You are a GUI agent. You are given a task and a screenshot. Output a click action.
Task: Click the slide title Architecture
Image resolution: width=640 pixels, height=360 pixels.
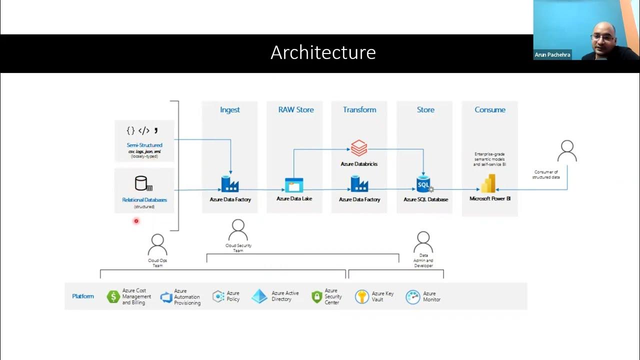pyautogui.click(x=323, y=52)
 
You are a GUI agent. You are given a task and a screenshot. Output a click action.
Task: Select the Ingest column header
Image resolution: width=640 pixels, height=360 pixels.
pyautogui.click(x=230, y=109)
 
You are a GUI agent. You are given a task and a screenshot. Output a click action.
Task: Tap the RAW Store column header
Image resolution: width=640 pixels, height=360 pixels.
pyautogui.click(x=296, y=109)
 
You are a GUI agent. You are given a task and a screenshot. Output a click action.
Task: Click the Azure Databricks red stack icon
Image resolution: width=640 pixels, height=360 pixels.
pyautogui.click(x=359, y=148)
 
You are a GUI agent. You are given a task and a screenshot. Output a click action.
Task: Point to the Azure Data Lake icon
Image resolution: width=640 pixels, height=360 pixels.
pyautogui.click(x=294, y=185)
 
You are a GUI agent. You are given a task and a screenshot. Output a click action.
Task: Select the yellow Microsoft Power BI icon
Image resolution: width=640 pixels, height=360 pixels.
pyautogui.click(x=488, y=183)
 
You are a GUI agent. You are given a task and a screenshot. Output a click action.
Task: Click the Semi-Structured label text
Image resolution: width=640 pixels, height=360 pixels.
pyautogui.click(x=144, y=145)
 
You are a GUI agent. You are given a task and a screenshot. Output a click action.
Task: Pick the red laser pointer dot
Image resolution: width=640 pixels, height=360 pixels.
pyautogui.click(x=136, y=221)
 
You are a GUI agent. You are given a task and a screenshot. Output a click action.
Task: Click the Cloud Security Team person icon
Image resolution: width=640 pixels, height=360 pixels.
pyautogui.click(x=238, y=230)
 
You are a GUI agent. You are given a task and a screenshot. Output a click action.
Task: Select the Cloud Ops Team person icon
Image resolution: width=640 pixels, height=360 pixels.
pyautogui.click(x=157, y=245)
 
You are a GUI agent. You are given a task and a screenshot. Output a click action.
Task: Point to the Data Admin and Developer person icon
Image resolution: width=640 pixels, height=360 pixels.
pyautogui.click(x=423, y=242)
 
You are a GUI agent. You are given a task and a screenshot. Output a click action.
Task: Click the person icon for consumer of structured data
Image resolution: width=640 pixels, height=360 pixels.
pyautogui.click(x=567, y=151)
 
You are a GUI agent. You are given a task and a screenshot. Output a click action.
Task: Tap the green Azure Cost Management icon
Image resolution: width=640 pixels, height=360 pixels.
pyautogui.click(x=113, y=297)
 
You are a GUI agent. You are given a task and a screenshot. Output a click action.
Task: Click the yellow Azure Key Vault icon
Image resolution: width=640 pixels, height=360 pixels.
pyautogui.click(x=362, y=296)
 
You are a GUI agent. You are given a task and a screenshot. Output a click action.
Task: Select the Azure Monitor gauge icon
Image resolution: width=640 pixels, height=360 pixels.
pyautogui.click(x=412, y=297)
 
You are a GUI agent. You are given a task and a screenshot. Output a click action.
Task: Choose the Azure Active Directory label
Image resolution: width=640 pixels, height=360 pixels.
pyautogui.click(x=285, y=296)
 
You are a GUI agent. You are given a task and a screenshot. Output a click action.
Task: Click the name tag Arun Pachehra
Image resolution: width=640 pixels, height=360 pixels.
pyautogui.click(x=552, y=54)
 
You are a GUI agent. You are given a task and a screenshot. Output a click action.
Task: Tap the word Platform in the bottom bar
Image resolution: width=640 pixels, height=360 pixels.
pyautogui.click(x=83, y=296)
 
